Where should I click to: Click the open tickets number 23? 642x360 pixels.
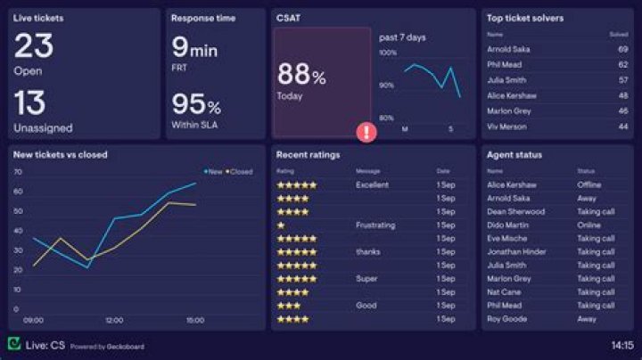pos(34,45)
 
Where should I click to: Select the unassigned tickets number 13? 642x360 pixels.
pos(30,102)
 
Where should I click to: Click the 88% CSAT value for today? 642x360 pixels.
pos(301,74)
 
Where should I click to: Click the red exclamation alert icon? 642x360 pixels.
pos(366,132)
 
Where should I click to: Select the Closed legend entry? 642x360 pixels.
pos(239,172)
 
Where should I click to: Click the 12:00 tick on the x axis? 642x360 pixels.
pos(114,320)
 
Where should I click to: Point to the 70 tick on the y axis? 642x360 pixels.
pos(17,171)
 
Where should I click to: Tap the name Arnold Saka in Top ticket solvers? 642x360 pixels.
pos(508,50)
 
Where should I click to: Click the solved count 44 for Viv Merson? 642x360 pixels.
pos(622,127)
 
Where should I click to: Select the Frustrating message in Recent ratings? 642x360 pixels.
pos(374,225)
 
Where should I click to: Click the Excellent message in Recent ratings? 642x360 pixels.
pos(372,185)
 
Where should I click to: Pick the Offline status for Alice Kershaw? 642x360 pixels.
pos(588,185)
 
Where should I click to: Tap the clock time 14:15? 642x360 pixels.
pos(621,345)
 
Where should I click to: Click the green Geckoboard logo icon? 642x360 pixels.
pos(14,344)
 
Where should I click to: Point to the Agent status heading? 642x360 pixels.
pos(514,155)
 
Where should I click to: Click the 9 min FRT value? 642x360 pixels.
pos(194,47)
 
